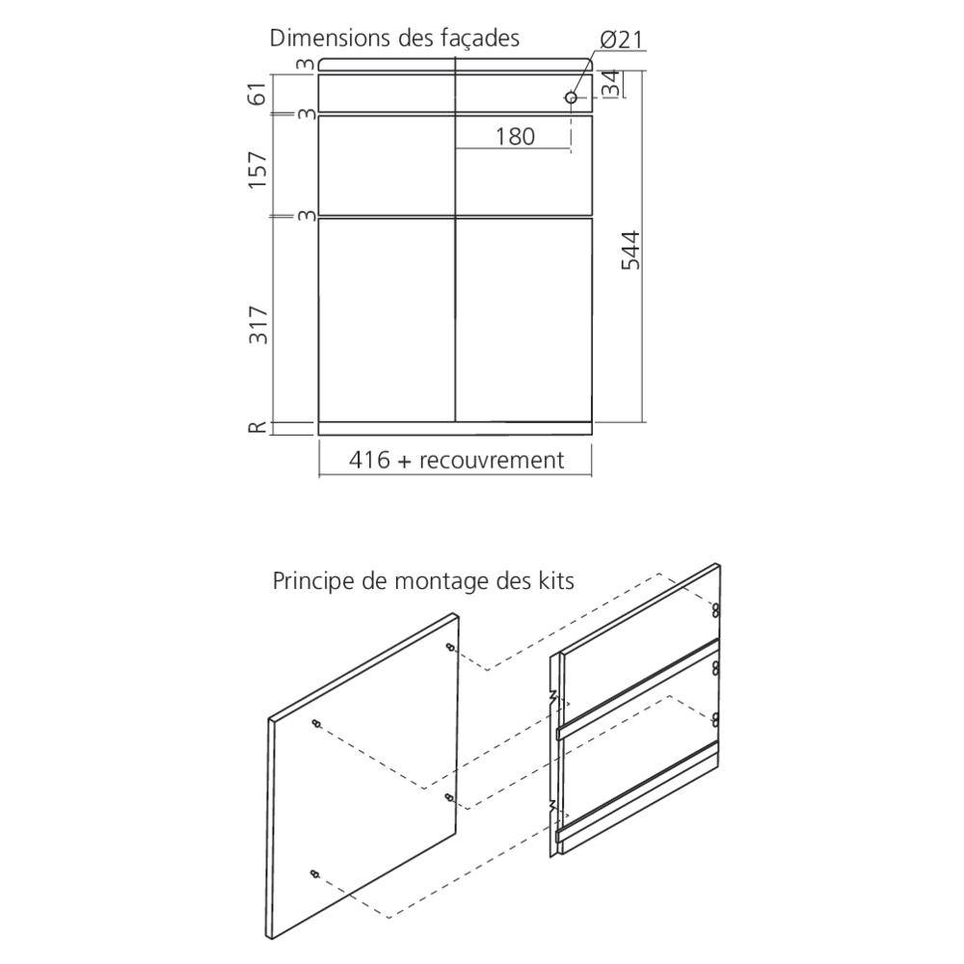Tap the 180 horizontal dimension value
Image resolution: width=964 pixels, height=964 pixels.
click(515, 137)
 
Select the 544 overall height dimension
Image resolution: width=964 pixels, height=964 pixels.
click(630, 251)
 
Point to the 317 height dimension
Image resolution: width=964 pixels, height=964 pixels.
click(258, 324)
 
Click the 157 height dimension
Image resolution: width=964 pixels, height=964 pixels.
click(258, 169)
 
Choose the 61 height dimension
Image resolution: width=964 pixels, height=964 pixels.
click(258, 93)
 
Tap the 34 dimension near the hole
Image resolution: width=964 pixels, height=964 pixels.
click(610, 84)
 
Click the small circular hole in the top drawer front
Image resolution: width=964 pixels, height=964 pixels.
click(571, 97)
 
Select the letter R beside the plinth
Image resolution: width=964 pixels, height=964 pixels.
click(258, 427)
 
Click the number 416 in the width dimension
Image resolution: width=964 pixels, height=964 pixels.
click(369, 460)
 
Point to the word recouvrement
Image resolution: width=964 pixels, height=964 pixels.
click(492, 461)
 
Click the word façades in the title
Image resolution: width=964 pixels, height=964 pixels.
click(479, 39)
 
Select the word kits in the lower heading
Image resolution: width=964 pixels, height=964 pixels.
click(556, 581)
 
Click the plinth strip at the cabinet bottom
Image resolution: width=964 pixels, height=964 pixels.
click(455, 429)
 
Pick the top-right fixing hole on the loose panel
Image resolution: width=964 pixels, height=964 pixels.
click(450, 648)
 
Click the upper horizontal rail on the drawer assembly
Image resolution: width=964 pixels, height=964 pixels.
click(637, 687)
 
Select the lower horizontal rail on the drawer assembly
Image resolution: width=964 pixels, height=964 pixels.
click(637, 790)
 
